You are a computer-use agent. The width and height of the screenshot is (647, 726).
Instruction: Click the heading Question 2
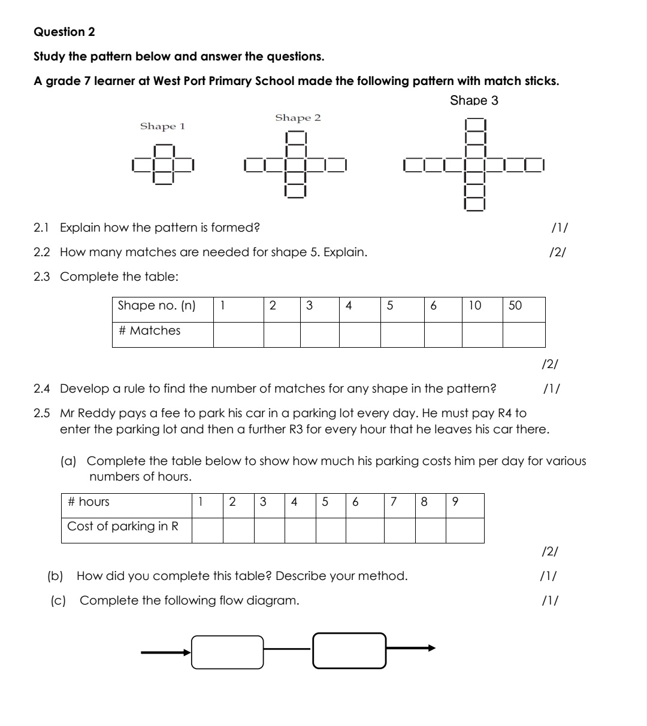[x=64, y=32]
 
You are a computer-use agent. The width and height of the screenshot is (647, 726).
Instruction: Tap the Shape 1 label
[x=162, y=126]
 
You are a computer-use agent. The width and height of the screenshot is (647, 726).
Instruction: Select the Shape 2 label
[x=298, y=118]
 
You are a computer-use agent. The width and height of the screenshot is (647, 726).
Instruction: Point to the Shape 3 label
[x=474, y=101]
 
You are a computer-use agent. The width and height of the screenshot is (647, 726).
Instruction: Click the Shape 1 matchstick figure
[x=164, y=163]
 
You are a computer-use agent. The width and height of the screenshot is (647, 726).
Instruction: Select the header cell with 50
[x=523, y=306]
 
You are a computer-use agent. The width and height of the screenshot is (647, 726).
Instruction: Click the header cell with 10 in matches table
[x=482, y=306]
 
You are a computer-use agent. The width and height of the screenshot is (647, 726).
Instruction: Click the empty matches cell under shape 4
[x=359, y=335]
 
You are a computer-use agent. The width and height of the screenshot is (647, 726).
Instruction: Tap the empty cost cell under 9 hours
[x=464, y=530]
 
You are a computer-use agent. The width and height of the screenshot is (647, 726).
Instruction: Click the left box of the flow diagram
[x=228, y=652]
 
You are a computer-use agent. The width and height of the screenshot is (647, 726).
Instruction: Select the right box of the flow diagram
[x=349, y=651]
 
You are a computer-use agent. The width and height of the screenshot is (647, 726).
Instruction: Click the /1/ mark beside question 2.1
[x=559, y=227]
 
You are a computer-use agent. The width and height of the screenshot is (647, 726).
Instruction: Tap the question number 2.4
[x=42, y=389]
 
